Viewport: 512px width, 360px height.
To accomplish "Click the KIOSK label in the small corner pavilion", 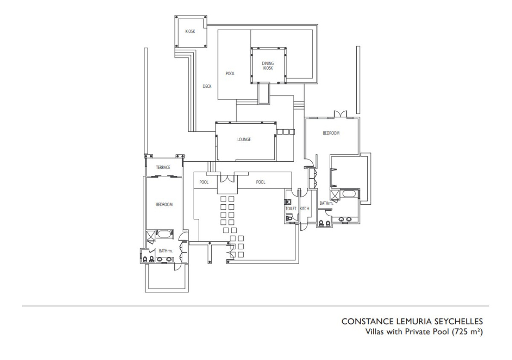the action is (x=190, y=31).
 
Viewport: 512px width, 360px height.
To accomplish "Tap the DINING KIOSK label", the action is (x=268, y=66).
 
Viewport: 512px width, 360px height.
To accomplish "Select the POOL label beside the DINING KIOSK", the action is (x=230, y=73).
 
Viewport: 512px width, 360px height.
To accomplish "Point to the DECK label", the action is (x=207, y=86).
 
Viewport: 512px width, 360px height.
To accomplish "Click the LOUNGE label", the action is (x=244, y=139).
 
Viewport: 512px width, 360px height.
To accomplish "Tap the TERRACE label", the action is (x=163, y=167).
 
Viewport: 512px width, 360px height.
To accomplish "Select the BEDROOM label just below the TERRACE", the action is (x=164, y=204).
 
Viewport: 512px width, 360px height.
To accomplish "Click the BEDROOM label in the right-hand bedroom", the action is (x=331, y=133).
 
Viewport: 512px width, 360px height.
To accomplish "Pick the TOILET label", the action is (x=291, y=209).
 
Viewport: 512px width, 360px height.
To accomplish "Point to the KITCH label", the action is (x=305, y=209).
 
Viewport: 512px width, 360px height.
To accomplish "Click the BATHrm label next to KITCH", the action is (x=326, y=203).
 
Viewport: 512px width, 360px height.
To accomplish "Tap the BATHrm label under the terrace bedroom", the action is (x=166, y=251).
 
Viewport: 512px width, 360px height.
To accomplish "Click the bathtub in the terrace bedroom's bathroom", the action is (x=164, y=234).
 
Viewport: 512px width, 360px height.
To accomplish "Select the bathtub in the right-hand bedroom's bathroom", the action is (x=349, y=194).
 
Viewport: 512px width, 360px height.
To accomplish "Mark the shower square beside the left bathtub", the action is (x=151, y=235).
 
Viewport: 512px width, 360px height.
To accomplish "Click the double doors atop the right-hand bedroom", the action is (x=340, y=114).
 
